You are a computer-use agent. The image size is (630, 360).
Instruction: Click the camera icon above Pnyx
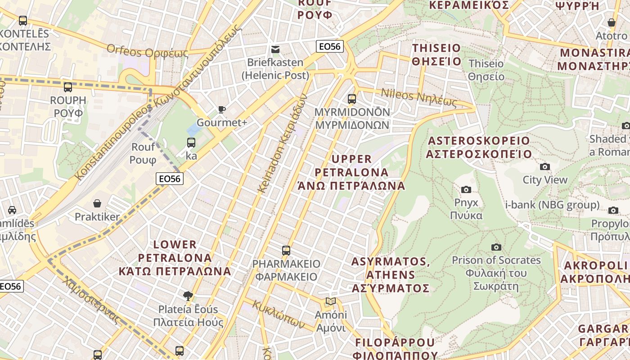pos(466,189)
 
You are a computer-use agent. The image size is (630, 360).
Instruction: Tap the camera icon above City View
pos(545,167)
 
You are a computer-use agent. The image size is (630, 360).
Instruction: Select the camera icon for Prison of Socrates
pos(496,247)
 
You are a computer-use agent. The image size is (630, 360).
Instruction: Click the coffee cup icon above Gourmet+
pos(221,109)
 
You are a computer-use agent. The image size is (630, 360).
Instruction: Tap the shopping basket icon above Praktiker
pos(97,204)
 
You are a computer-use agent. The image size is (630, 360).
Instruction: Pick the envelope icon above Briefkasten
pos(275,49)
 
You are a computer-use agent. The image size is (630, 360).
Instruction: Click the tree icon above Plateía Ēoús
pos(188,296)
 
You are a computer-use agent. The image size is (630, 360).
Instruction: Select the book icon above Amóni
pos(331,301)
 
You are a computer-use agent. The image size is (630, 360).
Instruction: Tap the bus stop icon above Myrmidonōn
pos(352,99)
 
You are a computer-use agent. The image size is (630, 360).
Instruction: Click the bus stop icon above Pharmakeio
pos(286,251)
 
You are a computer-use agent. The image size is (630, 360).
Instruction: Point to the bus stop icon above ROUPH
pos(68,87)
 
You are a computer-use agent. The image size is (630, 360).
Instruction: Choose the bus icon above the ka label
pos(191,143)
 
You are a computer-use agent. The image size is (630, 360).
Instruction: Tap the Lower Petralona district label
pos(175,258)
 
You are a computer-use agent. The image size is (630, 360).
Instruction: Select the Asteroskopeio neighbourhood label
pos(479,147)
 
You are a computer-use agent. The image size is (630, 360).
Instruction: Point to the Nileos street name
pos(419,98)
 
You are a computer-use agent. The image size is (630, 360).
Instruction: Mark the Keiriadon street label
pos(282,143)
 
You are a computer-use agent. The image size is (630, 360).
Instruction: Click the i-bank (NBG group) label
pos(552,205)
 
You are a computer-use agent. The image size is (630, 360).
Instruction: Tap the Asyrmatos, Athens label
pos(391,274)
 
